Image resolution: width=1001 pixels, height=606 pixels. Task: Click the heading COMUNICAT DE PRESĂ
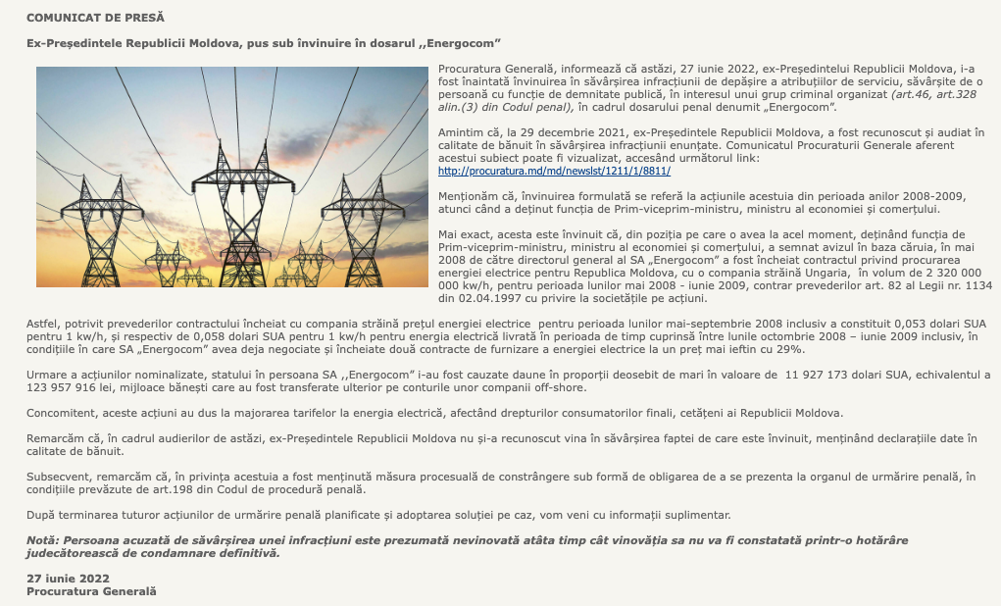(95, 18)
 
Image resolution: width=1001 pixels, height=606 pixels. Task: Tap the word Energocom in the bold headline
(460, 44)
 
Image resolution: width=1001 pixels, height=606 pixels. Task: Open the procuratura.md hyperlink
(554, 171)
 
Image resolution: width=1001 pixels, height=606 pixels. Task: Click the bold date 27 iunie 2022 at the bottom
(68, 579)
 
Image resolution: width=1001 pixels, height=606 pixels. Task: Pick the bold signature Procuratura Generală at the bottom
(91, 591)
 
